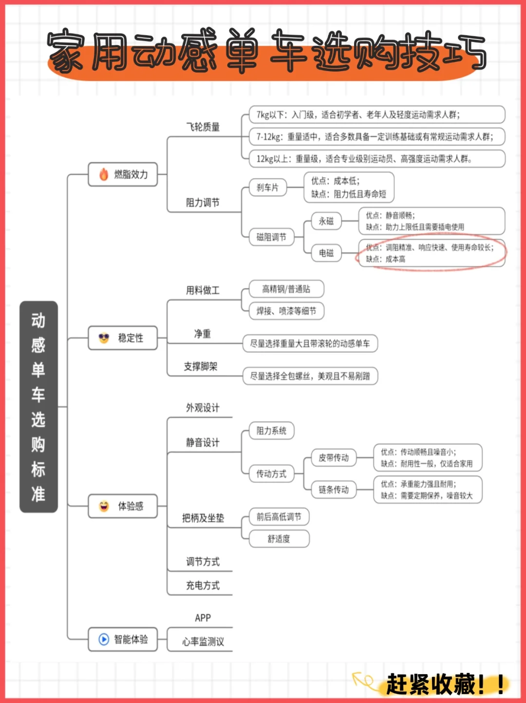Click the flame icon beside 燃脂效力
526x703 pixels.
click(103, 174)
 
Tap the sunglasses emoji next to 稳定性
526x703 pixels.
click(104, 338)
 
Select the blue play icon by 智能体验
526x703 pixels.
click(104, 639)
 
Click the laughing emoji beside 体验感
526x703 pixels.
click(104, 506)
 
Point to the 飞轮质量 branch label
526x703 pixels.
click(203, 127)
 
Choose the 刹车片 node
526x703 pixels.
click(268, 188)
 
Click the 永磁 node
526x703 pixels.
click(326, 221)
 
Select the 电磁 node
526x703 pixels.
click(326, 253)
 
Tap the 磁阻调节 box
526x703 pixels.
click(271, 237)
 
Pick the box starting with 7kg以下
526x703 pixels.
click(377, 114)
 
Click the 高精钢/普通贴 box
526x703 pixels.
click(286, 289)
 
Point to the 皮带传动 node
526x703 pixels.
click(334, 457)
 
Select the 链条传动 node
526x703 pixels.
click(334, 490)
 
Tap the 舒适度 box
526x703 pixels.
click(279, 539)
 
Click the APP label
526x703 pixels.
click(203, 618)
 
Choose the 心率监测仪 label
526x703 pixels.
click(203, 642)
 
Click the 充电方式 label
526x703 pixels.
click(203, 586)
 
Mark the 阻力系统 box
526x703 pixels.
click(271, 431)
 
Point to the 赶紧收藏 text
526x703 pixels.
click(431, 684)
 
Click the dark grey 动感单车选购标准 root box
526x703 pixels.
click(39, 407)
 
